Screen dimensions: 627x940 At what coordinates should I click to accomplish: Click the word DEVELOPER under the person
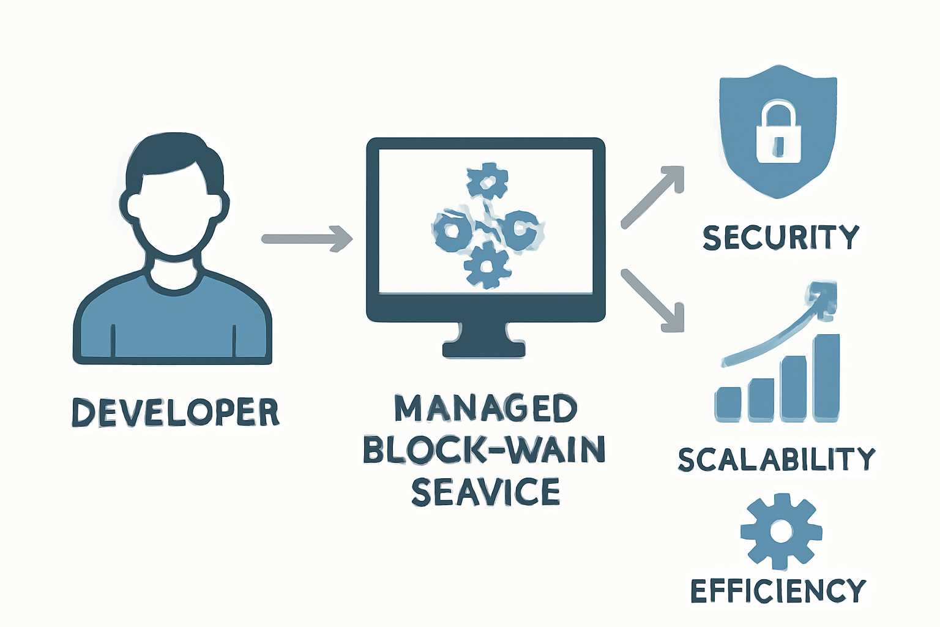coord(176,413)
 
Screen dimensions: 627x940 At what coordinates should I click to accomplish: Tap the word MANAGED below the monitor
coord(485,409)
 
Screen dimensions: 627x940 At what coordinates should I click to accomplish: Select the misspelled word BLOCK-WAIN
coord(484,450)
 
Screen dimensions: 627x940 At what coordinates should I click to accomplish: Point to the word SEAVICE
coord(485,492)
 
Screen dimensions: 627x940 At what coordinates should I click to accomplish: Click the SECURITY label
coord(781,238)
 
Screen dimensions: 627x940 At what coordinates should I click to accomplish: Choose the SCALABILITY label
coord(777,460)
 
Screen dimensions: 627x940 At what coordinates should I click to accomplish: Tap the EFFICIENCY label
coord(778,591)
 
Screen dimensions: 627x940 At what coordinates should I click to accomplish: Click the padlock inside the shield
coord(778,133)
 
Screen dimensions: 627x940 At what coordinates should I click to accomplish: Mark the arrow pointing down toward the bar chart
coord(652,300)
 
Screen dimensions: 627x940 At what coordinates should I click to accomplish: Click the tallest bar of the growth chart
coord(827,377)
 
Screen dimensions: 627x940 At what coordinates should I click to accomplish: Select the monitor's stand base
coord(483,349)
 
